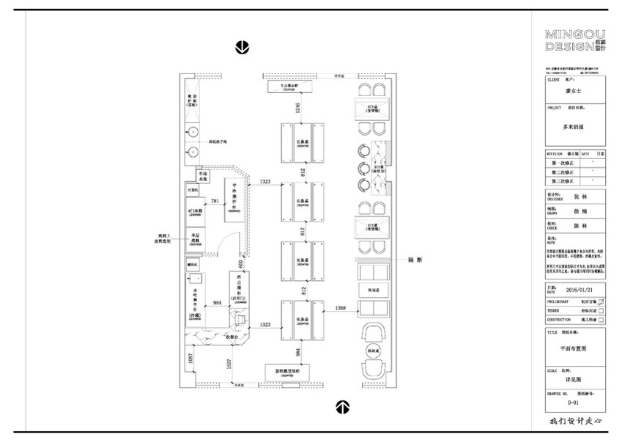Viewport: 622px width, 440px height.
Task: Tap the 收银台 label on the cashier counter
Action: point(234,338)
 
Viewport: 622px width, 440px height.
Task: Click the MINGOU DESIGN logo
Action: point(576,41)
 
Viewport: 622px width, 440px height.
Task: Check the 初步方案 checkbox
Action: point(601,301)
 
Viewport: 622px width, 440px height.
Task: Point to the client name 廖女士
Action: point(576,90)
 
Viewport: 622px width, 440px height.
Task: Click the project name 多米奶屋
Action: point(576,126)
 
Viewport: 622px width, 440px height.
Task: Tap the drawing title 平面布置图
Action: point(575,348)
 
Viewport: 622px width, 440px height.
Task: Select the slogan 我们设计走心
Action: point(575,422)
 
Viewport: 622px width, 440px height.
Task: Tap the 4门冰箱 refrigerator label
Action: point(194,213)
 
